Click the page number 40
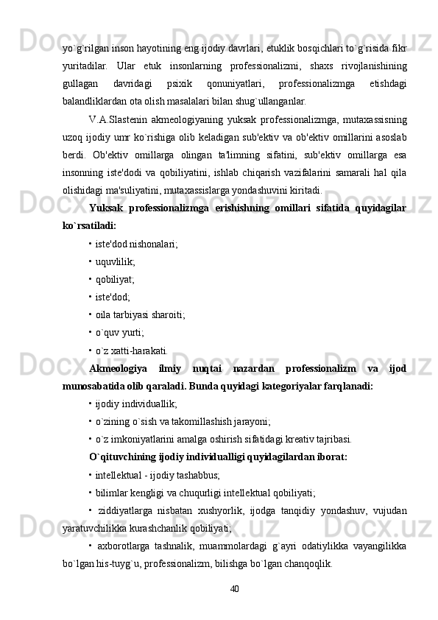pyautogui.click(x=235, y=588)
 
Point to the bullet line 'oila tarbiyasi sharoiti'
pyautogui.click(x=137, y=314)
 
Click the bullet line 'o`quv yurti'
pyautogui.click(x=117, y=332)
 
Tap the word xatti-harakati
pyautogui.click(x=141, y=350)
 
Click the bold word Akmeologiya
pyautogui.click(x=118, y=367)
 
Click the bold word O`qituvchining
pyautogui.click(x=124, y=457)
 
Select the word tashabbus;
pyautogui.click(x=194, y=474)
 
